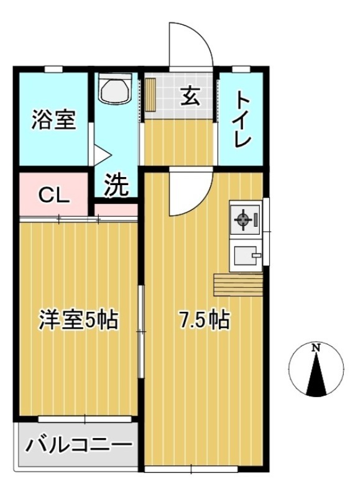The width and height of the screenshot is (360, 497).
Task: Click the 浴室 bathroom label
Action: click(53, 119)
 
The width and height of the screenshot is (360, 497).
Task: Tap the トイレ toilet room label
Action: click(243, 119)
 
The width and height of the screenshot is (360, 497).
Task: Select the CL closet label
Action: click(53, 196)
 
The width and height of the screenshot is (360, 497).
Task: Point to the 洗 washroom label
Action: click(117, 185)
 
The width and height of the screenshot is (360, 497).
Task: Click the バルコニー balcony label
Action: click(78, 445)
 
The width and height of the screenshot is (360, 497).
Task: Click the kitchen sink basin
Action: click(247, 255)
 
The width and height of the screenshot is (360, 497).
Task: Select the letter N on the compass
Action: click(316, 348)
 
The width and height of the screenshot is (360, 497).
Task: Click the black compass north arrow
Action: click(316, 375)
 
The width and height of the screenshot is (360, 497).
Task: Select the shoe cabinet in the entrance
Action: click(151, 95)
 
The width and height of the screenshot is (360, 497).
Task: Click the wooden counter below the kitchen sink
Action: click(238, 285)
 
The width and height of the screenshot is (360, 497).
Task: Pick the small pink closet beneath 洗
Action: click(116, 210)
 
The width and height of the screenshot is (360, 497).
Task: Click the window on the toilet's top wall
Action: click(241, 69)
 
